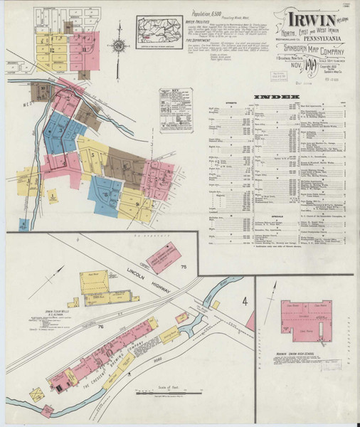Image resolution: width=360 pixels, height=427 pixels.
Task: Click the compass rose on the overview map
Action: (x=120, y=46)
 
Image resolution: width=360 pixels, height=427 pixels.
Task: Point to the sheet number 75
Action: (x=183, y=267)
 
